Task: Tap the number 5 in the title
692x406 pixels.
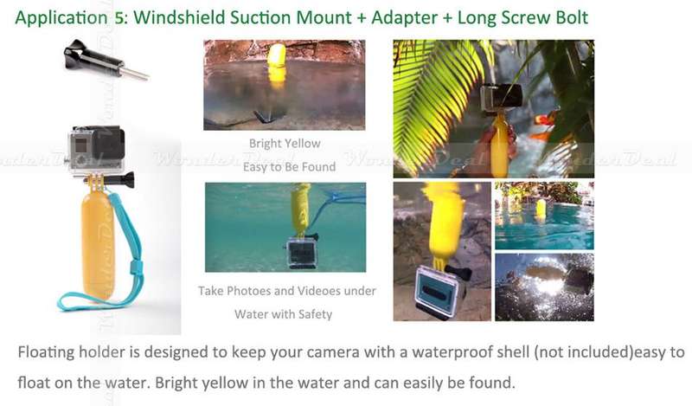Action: click(119, 17)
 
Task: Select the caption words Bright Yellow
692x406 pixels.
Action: click(285, 144)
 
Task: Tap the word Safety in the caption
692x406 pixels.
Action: click(315, 314)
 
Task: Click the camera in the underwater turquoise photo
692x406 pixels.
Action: click(302, 253)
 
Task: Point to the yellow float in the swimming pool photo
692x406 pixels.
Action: click(541, 209)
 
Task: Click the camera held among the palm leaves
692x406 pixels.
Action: click(502, 96)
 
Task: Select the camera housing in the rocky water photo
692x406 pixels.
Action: click(440, 289)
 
